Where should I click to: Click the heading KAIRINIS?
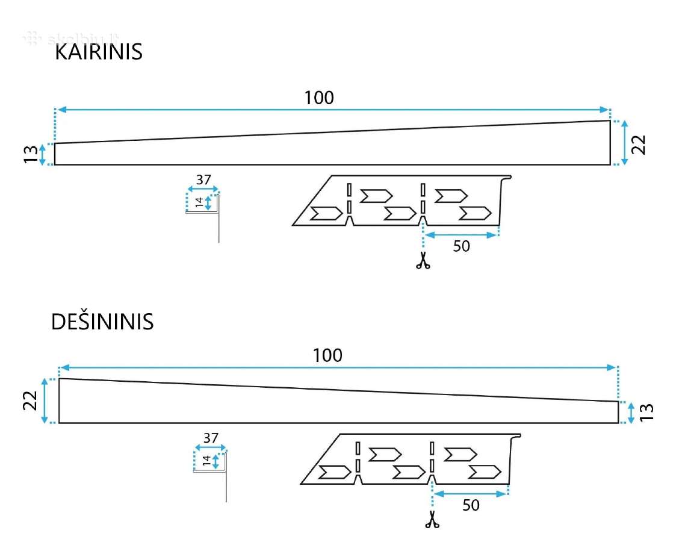point(99,52)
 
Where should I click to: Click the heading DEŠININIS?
point(102,322)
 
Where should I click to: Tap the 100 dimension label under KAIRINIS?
point(319,98)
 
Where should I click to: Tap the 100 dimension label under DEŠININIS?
point(327,355)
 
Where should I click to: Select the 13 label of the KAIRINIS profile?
point(31,154)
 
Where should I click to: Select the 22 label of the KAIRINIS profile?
point(638,145)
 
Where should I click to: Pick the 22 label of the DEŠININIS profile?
point(31,400)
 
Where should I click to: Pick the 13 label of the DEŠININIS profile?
point(646,412)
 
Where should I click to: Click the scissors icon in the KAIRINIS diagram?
point(423,261)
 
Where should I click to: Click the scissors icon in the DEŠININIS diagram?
point(432,519)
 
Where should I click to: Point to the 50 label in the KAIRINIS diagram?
point(462,246)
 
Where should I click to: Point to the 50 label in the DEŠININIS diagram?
point(471,505)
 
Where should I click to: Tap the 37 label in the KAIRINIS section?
point(203,179)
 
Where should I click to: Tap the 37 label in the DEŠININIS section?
point(211,438)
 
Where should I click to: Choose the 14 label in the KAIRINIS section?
point(199,202)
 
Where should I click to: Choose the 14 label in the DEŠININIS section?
point(206,460)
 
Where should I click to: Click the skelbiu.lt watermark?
point(72,39)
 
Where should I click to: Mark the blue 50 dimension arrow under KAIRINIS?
point(461,235)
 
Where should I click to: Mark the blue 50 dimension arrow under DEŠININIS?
point(471,494)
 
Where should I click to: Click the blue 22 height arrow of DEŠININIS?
point(45,400)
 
